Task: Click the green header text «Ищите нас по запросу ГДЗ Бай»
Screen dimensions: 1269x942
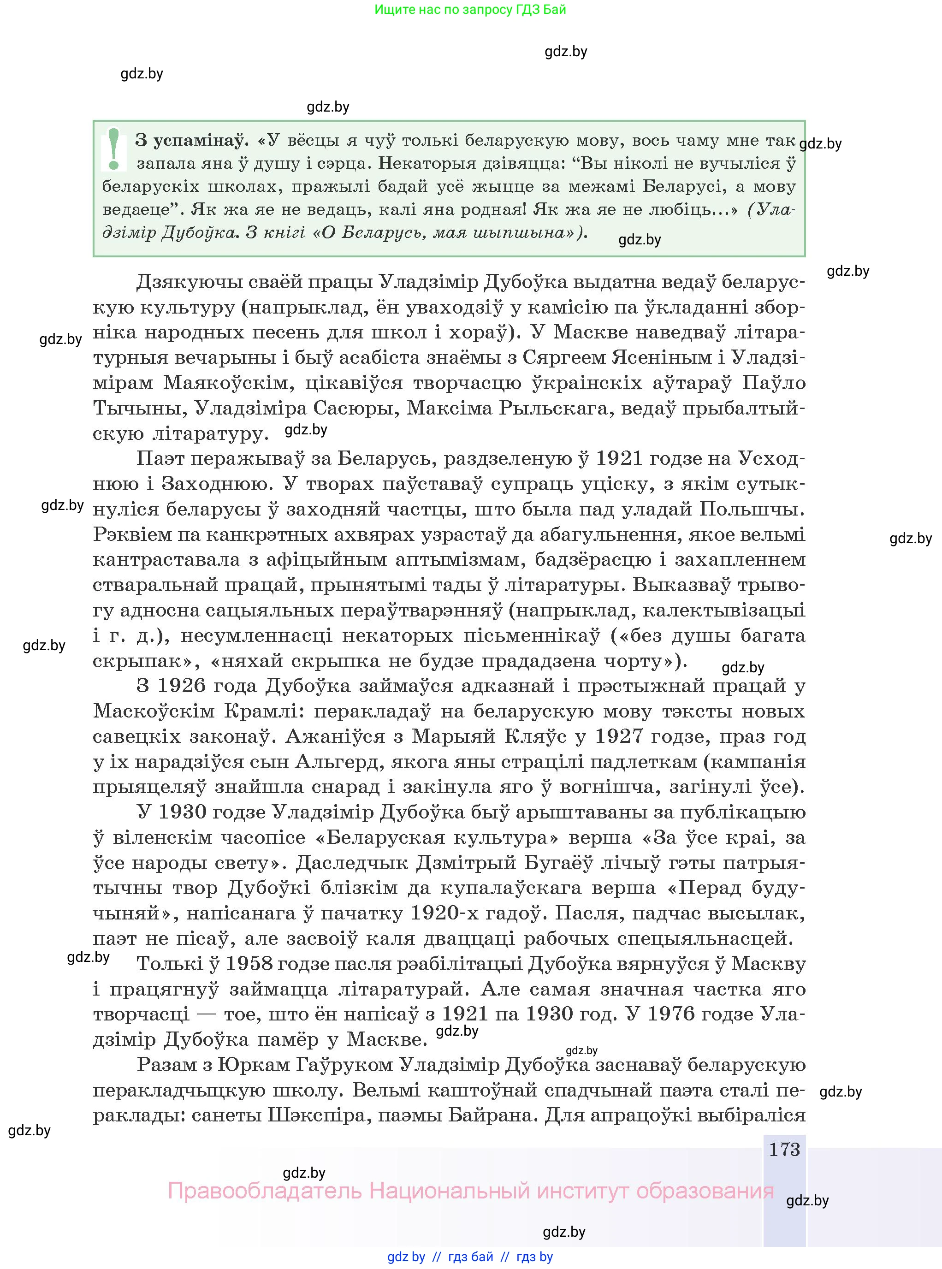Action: [x=470, y=10]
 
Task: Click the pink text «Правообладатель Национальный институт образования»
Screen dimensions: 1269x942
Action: [x=470, y=1191]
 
